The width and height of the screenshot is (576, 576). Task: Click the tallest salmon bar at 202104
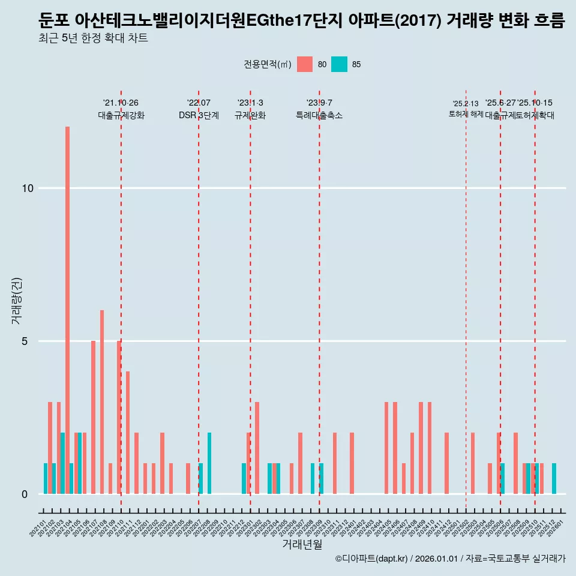(x=67, y=310)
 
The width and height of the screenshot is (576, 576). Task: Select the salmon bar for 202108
(x=102, y=402)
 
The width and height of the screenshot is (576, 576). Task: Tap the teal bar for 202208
(x=209, y=463)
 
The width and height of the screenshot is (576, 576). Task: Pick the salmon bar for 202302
(x=257, y=448)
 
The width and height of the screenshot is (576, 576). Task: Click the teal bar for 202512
(x=554, y=479)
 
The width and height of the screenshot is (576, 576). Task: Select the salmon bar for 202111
(x=128, y=433)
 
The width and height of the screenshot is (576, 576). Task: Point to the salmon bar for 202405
(x=386, y=448)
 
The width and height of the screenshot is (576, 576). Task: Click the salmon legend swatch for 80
(x=305, y=64)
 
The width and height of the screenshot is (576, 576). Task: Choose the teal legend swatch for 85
(x=340, y=64)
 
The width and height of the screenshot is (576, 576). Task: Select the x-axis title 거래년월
(x=302, y=545)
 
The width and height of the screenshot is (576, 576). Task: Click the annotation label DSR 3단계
(x=199, y=115)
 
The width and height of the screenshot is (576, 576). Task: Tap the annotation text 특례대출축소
(x=319, y=115)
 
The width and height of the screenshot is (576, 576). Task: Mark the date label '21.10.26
(x=121, y=103)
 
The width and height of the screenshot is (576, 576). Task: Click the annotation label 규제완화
(x=250, y=115)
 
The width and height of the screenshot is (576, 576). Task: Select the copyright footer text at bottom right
(x=450, y=559)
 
